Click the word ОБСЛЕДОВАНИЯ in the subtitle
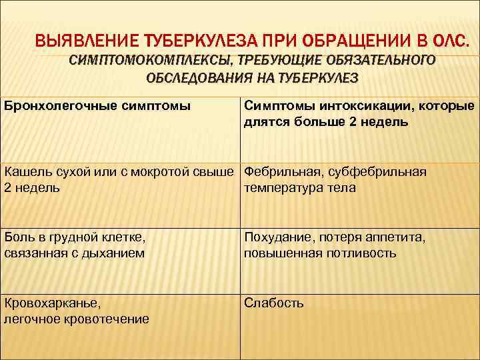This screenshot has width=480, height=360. coord(194,77)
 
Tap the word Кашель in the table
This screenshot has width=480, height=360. coord(26,172)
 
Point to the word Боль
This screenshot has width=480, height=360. coord(17,237)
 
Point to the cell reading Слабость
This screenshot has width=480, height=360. coord(274,303)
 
